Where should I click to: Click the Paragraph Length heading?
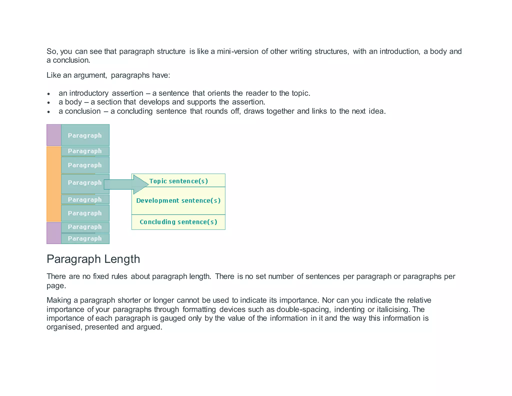coord(93,259)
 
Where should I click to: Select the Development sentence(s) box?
coord(178,201)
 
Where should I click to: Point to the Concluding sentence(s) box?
coord(178,222)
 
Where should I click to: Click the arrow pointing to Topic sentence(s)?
coord(125,184)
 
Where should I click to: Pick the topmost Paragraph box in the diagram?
coord(85,135)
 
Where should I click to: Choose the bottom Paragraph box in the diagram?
coord(85,239)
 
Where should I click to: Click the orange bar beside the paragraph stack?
coord(54,184)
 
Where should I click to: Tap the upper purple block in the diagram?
coord(54,135)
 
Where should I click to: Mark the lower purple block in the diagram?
coord(54,233)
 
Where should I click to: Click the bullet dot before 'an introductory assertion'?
coord(49,94)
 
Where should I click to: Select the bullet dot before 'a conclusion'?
coord(49,112)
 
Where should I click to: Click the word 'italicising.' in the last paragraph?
coord(393,309)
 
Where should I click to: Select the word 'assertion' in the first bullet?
coord(127,93)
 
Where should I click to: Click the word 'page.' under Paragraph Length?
coord(56,286)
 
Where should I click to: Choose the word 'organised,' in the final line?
coord(64,327)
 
